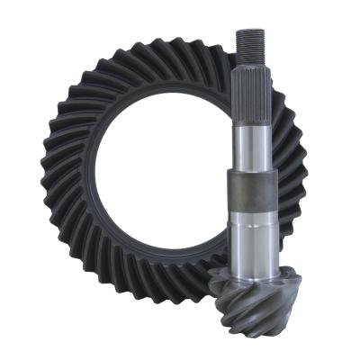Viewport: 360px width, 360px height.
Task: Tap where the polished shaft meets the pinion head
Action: tap(256, 267)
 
